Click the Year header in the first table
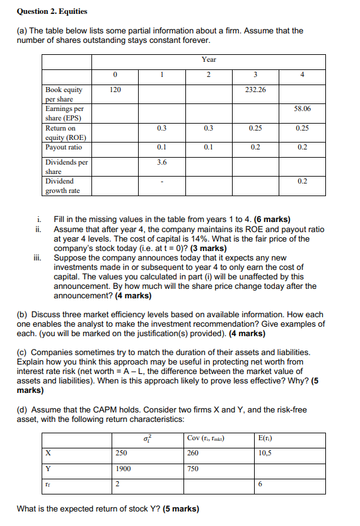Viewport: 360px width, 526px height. (209, 59)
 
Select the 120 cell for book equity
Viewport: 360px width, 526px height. (115, 90)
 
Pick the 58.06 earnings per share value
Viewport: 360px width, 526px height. (303, 109)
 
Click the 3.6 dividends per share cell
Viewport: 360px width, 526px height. (161, 162)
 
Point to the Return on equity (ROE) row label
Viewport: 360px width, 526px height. (66, 132)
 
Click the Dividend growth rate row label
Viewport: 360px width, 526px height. (62, 185)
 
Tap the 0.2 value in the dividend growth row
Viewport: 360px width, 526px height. (303, 181)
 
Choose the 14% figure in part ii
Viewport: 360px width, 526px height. (224, 239)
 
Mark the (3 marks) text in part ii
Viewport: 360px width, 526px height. (203, 248)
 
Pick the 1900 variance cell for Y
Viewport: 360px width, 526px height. (123, 469)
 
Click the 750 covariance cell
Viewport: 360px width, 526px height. (193, 469)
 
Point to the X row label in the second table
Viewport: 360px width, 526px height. (48, 452)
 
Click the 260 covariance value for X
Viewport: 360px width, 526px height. (193, 452)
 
